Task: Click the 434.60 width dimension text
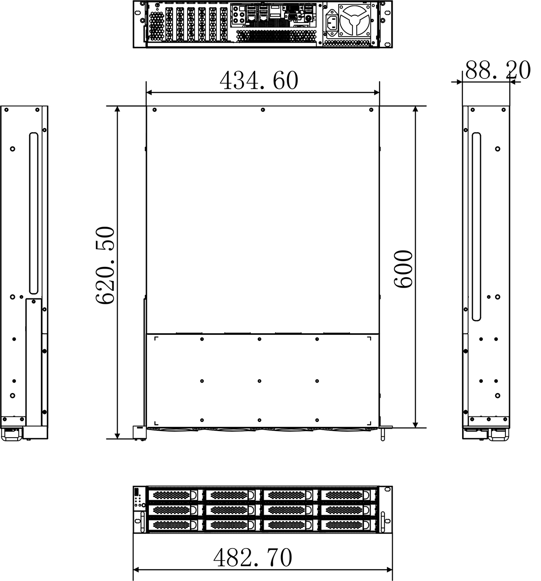coord(259,80)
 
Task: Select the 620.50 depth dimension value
coord(105,265)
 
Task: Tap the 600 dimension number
coord(403,269)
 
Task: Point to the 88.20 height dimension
coord(498,70)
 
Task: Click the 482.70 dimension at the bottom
coord(252,558)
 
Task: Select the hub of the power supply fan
coord(354,20)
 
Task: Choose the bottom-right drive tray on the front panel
coord(348,526)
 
